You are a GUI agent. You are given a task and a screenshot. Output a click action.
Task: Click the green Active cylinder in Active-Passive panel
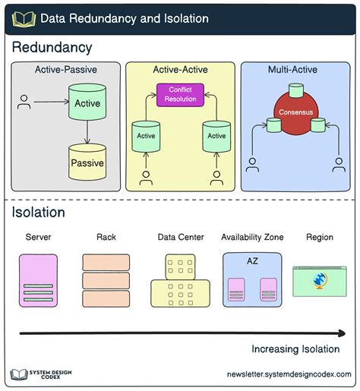pos(87,103)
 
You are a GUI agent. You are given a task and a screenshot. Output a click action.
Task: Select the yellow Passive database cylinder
pos(87,162)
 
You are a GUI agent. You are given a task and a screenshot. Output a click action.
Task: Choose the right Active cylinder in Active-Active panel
pos(216,135)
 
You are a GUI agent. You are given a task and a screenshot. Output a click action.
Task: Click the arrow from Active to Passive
pos(87,132)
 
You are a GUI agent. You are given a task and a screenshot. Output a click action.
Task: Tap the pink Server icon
pos(37,279)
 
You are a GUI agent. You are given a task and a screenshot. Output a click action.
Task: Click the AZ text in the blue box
pos(252,260)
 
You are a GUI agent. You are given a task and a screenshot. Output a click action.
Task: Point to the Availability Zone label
pos(252,238)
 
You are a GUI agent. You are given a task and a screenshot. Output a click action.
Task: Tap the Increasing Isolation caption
pos(295,349)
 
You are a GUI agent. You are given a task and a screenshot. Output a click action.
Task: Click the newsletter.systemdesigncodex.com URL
pos(289,375)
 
